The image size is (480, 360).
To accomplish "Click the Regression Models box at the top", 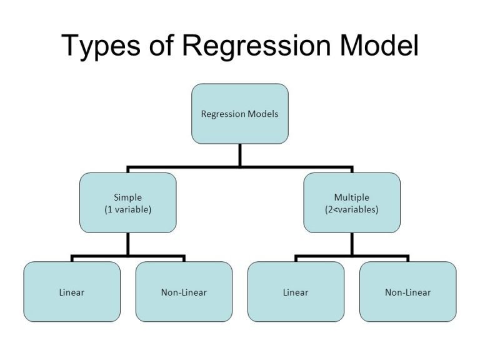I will pos(239,114).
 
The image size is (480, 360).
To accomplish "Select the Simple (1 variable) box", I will pos(127,203).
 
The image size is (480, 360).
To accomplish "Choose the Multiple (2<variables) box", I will pos(352,203).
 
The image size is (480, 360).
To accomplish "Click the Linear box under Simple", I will pos(72,292).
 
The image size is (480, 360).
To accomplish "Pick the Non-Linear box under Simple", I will pos(184,292).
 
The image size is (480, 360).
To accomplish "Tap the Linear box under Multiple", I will pos(296,292).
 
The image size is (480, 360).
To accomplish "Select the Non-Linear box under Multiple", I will pos(407,292).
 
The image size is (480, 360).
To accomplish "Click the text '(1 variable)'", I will pos(127,209).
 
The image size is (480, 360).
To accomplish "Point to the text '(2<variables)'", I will pos(352,209).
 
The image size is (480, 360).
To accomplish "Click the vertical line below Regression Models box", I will pos(239,155).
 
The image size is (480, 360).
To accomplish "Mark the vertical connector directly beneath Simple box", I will pos(127,244).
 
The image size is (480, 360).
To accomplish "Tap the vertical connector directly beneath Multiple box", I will pos(352,244).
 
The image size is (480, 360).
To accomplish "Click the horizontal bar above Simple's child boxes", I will pos(127,256).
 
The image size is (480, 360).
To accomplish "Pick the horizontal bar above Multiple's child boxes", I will pos(352,256).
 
